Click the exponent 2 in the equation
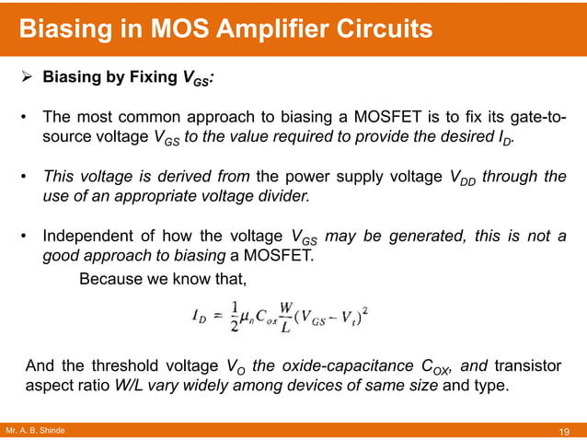coord(365,308)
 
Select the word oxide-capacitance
coord(340,366)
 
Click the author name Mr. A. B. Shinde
coord(35,431)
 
